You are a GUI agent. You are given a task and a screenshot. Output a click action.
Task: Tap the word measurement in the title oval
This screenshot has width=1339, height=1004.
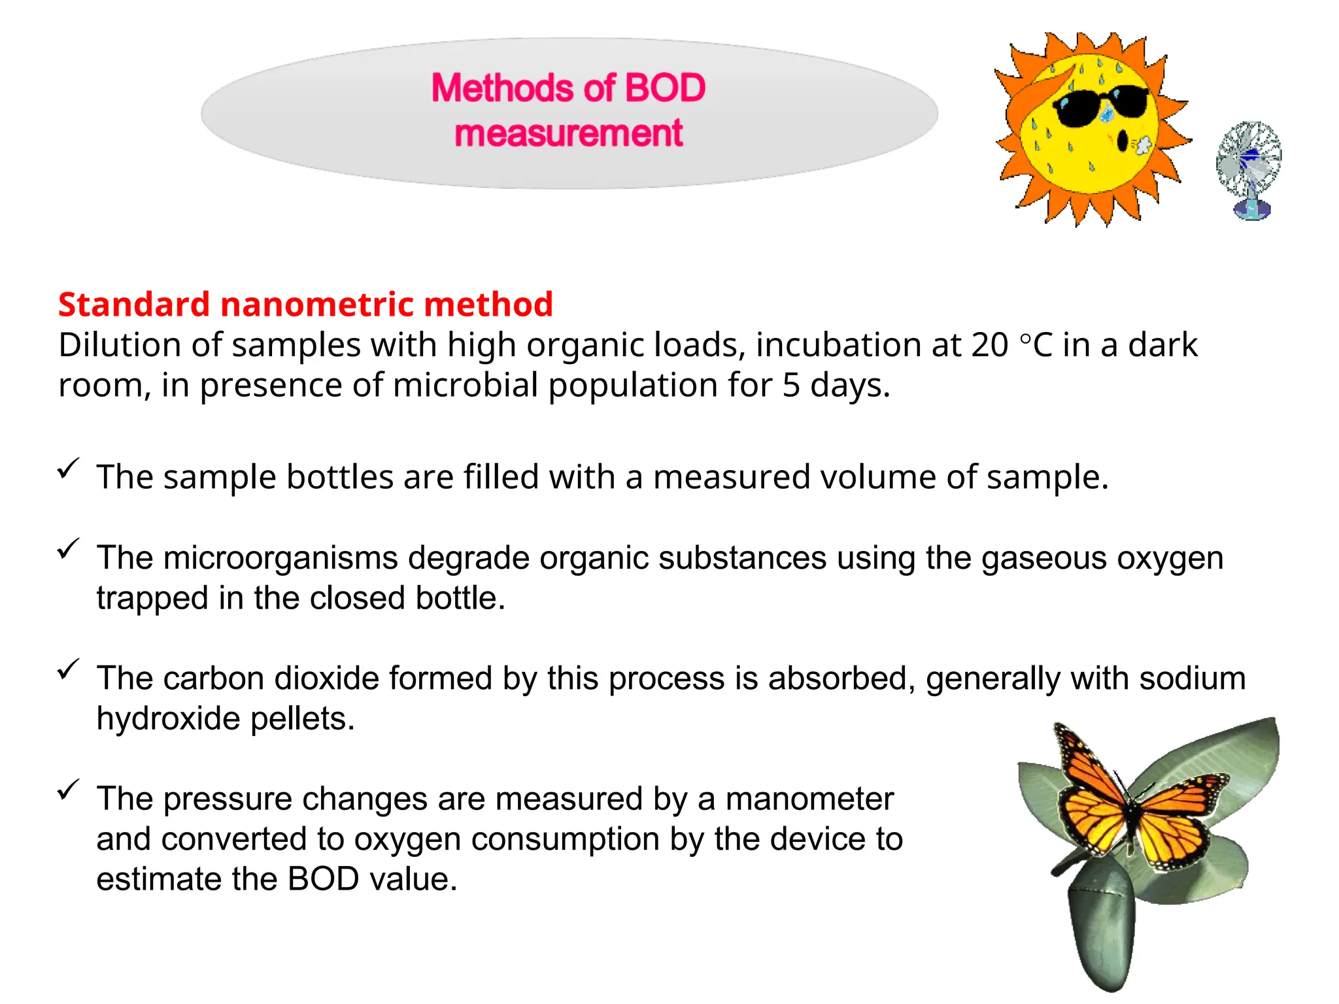click(569, 133)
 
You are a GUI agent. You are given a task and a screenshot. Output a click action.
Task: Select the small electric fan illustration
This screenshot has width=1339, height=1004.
click(1249, 170)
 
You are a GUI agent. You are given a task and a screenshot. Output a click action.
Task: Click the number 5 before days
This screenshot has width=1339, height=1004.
click(790, 386)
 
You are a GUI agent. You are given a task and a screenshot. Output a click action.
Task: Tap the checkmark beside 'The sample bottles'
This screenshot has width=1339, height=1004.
click(68, 468)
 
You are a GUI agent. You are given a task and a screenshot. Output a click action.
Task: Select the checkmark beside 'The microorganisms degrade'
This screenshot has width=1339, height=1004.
click(68, 548)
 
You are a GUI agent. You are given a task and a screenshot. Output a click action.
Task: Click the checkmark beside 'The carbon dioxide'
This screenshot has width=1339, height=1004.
click(68, 669)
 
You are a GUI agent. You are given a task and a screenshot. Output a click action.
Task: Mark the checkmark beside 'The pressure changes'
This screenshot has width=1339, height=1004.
click(68, 790)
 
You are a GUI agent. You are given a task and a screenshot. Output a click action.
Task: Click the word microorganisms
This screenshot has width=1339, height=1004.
click(280, 558)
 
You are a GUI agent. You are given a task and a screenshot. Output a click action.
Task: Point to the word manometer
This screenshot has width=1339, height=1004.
click(809, 799)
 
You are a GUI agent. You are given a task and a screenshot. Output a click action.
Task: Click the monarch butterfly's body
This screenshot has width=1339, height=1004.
click(1130, 817)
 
